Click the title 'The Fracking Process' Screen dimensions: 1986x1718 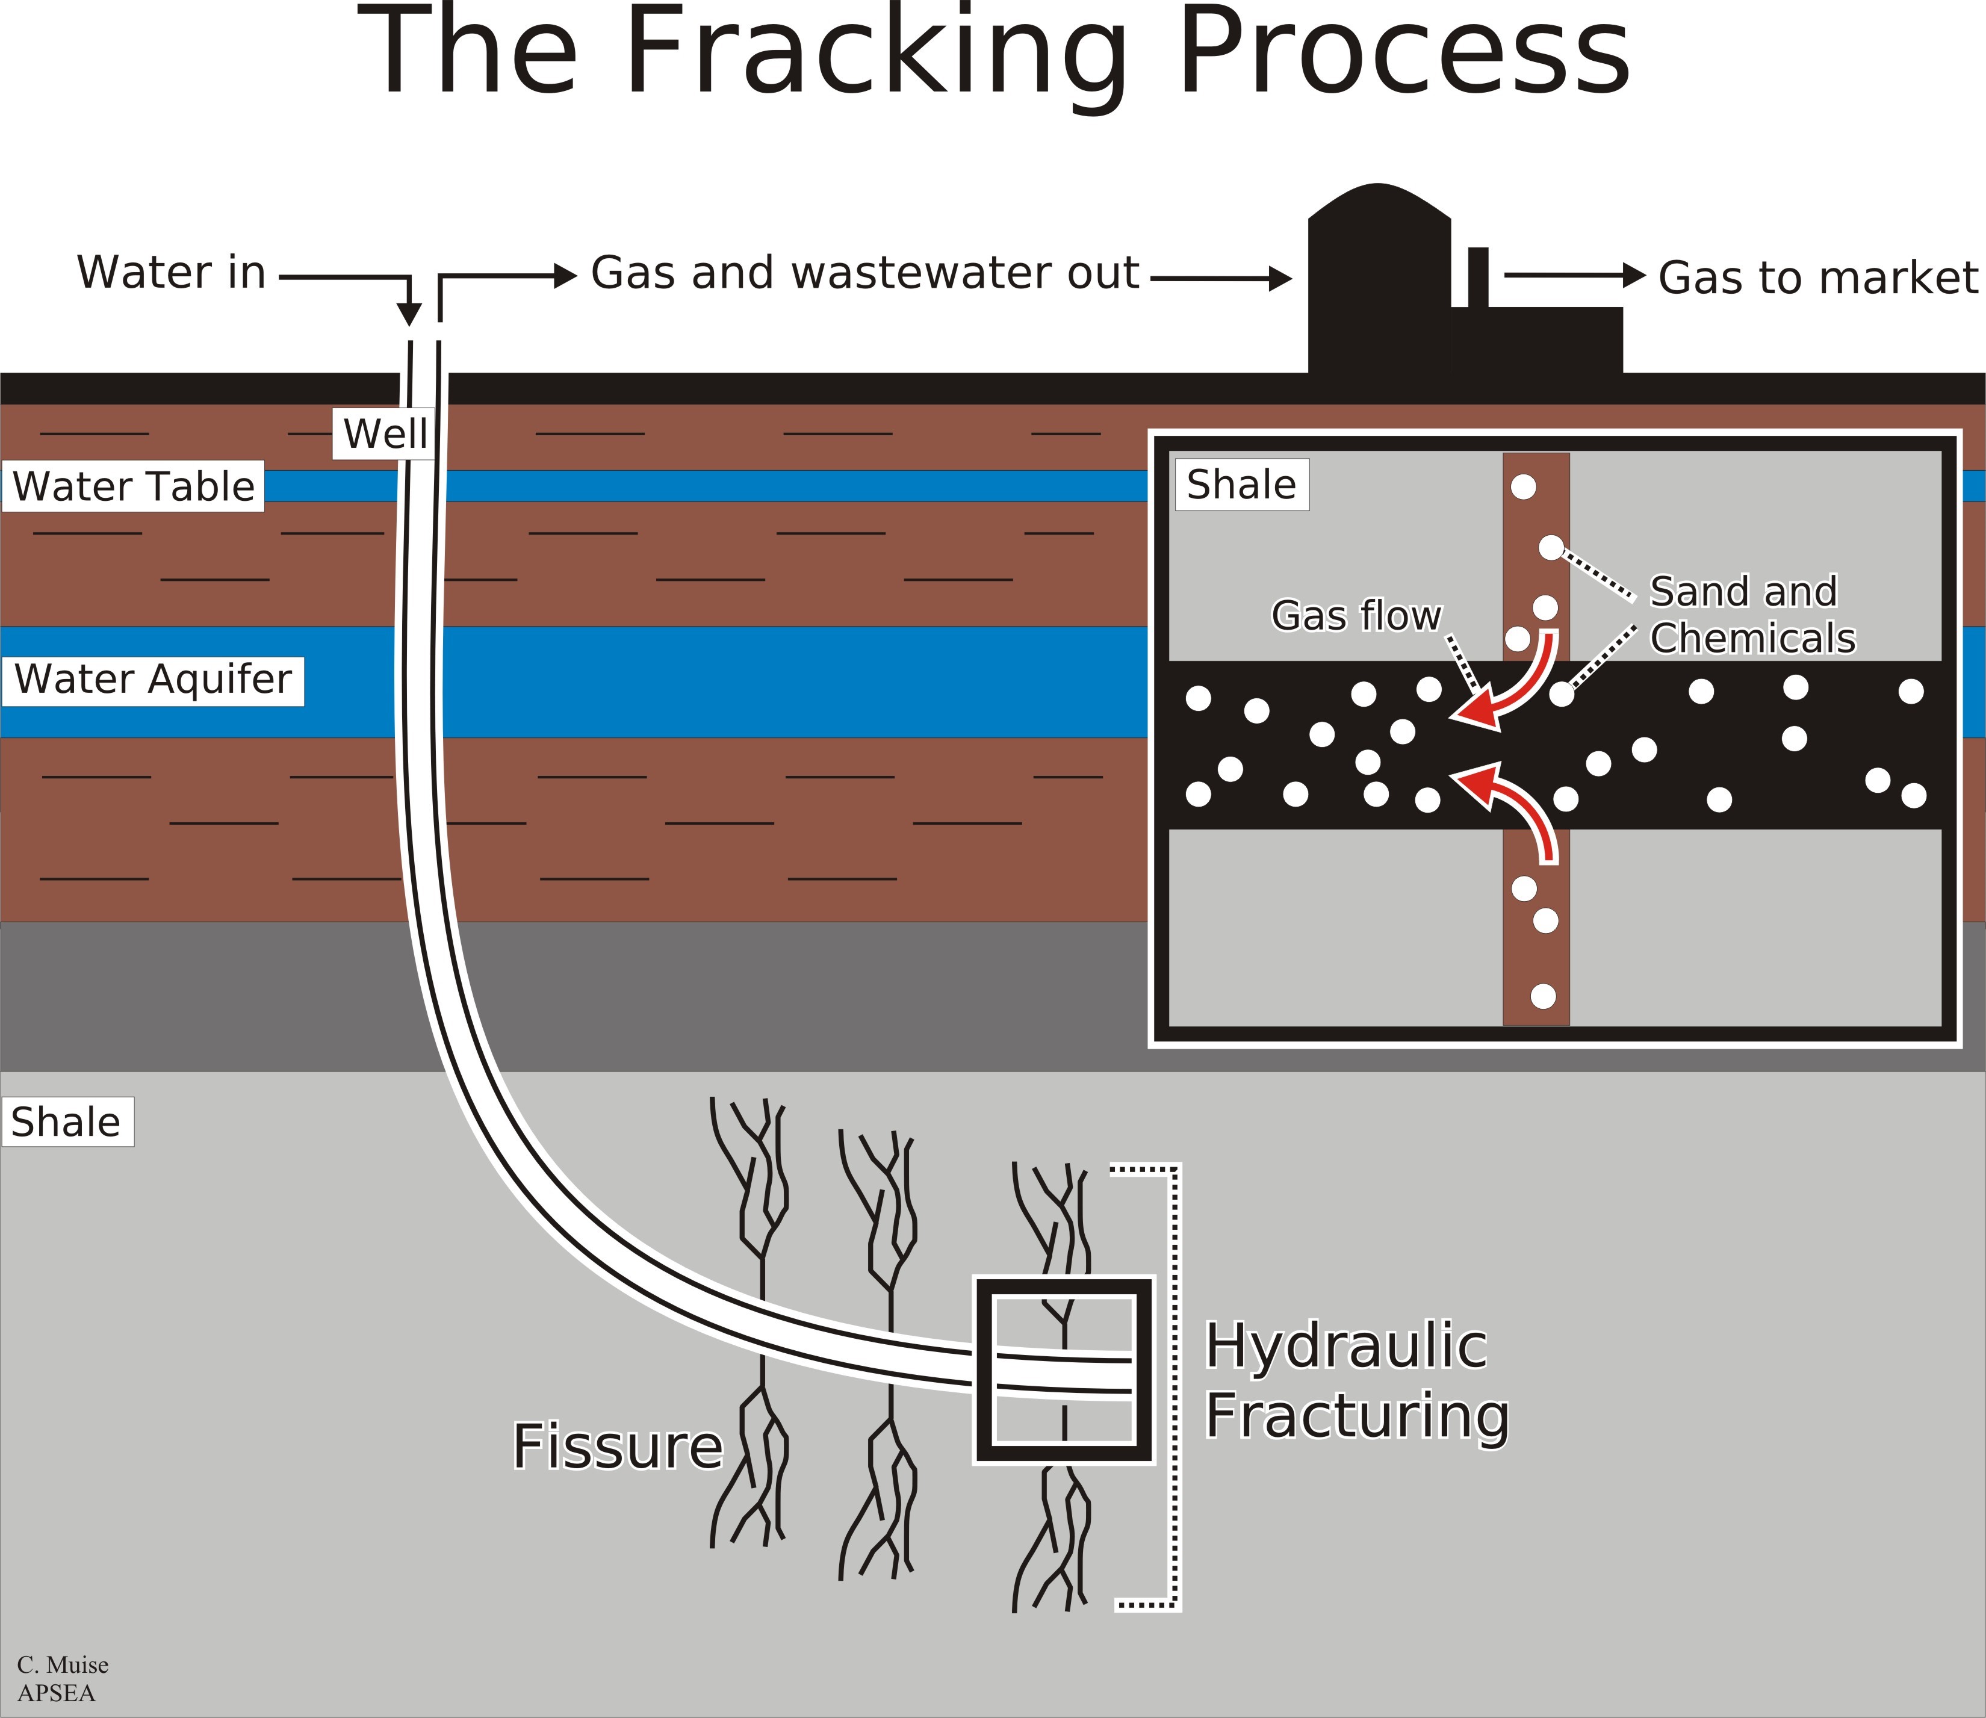coord(993,53)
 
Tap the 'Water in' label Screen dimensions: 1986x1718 coord(171,272)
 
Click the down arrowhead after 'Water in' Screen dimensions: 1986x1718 coord(409,314)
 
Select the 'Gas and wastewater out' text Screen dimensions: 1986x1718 coord(865,273)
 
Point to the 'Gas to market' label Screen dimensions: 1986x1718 coord(1817,278)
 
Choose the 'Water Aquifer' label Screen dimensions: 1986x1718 coord(154,680)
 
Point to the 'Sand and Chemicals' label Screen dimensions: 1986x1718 coord(1752,615)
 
